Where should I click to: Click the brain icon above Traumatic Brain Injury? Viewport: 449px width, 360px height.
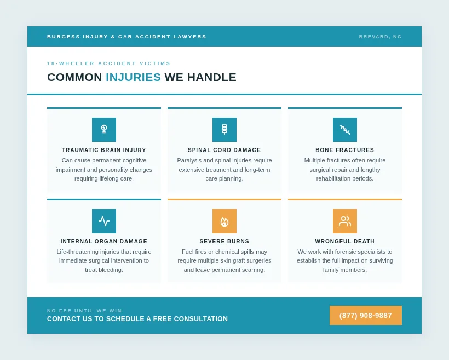[104, 130]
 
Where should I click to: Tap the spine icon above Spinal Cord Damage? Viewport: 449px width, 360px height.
[225, 130]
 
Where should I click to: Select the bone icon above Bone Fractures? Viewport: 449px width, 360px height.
[345, 130]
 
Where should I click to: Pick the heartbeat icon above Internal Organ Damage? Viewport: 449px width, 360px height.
[104, 221]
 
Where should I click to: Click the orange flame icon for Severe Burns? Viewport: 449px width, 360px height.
[225, 221]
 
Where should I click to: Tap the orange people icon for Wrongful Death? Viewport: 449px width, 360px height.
[345, 221]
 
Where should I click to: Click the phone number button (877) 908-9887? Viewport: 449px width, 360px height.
[365, 316]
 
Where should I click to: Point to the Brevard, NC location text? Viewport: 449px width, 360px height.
[380, 37]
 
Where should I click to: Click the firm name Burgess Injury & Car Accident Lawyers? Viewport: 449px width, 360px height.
[126, 37]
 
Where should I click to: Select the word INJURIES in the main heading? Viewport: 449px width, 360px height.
[133, 77]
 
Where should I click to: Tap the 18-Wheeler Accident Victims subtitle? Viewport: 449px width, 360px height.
[109, 63]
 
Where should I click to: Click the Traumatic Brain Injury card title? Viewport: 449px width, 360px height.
[104, 150]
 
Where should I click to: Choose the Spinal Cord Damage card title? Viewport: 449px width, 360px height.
[225, 150]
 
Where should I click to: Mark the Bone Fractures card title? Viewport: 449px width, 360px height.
[345, 150]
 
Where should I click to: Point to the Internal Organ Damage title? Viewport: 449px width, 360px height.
[104, 242]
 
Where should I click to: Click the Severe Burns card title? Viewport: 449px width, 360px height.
[225, 242]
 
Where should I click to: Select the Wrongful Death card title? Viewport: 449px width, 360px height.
[345, 242]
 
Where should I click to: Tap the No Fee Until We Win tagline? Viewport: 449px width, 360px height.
[84, 311]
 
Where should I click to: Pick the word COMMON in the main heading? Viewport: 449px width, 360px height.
[74, 77]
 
